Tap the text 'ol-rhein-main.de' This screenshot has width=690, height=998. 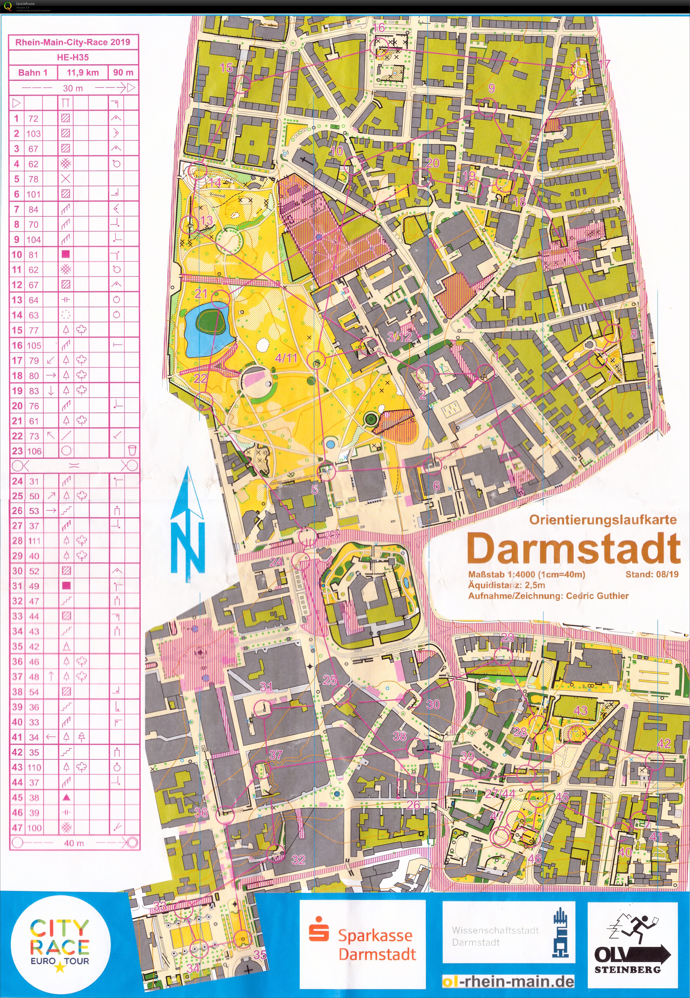[x=508, y=982]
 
